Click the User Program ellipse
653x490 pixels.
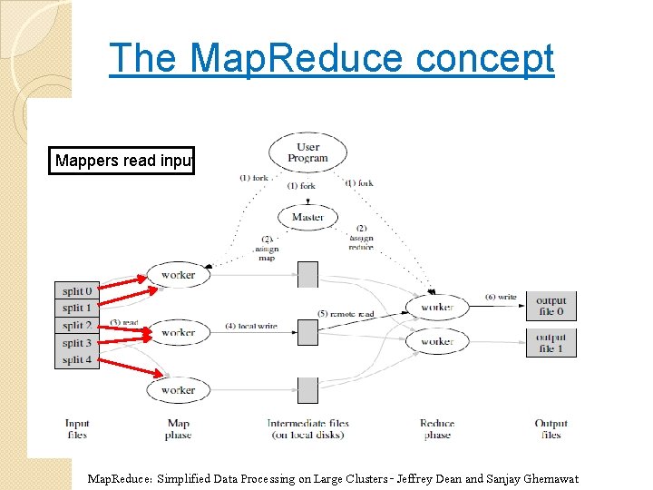308,152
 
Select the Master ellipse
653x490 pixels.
308,218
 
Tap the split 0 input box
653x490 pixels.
77,291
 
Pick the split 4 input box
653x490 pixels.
77,360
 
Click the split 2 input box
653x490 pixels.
77,326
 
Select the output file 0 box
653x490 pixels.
551,307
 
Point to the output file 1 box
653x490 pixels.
551,343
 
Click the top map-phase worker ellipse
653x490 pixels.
178,274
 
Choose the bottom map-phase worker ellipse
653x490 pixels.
178,390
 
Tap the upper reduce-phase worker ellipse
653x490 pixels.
437,308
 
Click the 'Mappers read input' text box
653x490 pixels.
122,162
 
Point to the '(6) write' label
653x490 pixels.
502,297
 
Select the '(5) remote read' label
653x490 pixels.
346,314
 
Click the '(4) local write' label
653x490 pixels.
251,327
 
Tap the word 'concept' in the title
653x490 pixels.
484,59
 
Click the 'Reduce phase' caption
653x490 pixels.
437,429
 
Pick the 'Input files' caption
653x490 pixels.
77,429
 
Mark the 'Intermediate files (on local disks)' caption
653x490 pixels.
308,429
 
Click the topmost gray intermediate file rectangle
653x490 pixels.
308,274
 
